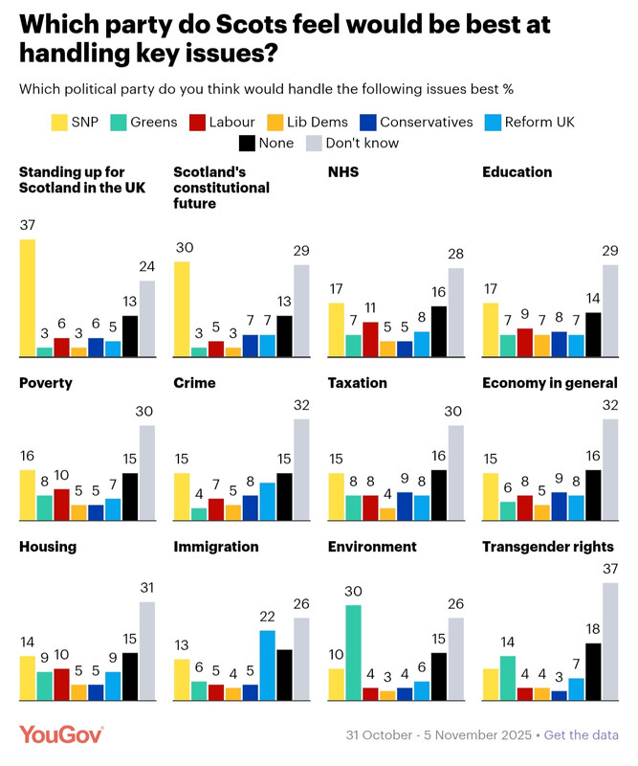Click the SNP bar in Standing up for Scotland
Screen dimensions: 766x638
[28, 298]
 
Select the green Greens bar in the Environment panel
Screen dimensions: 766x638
[353, 652]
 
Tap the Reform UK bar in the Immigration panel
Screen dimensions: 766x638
[267, 665]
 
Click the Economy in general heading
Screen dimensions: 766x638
[549, 383]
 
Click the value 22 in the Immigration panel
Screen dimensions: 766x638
[267, 618]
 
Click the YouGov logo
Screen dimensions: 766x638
[61, 734]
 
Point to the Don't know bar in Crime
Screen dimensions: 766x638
[301, 469]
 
